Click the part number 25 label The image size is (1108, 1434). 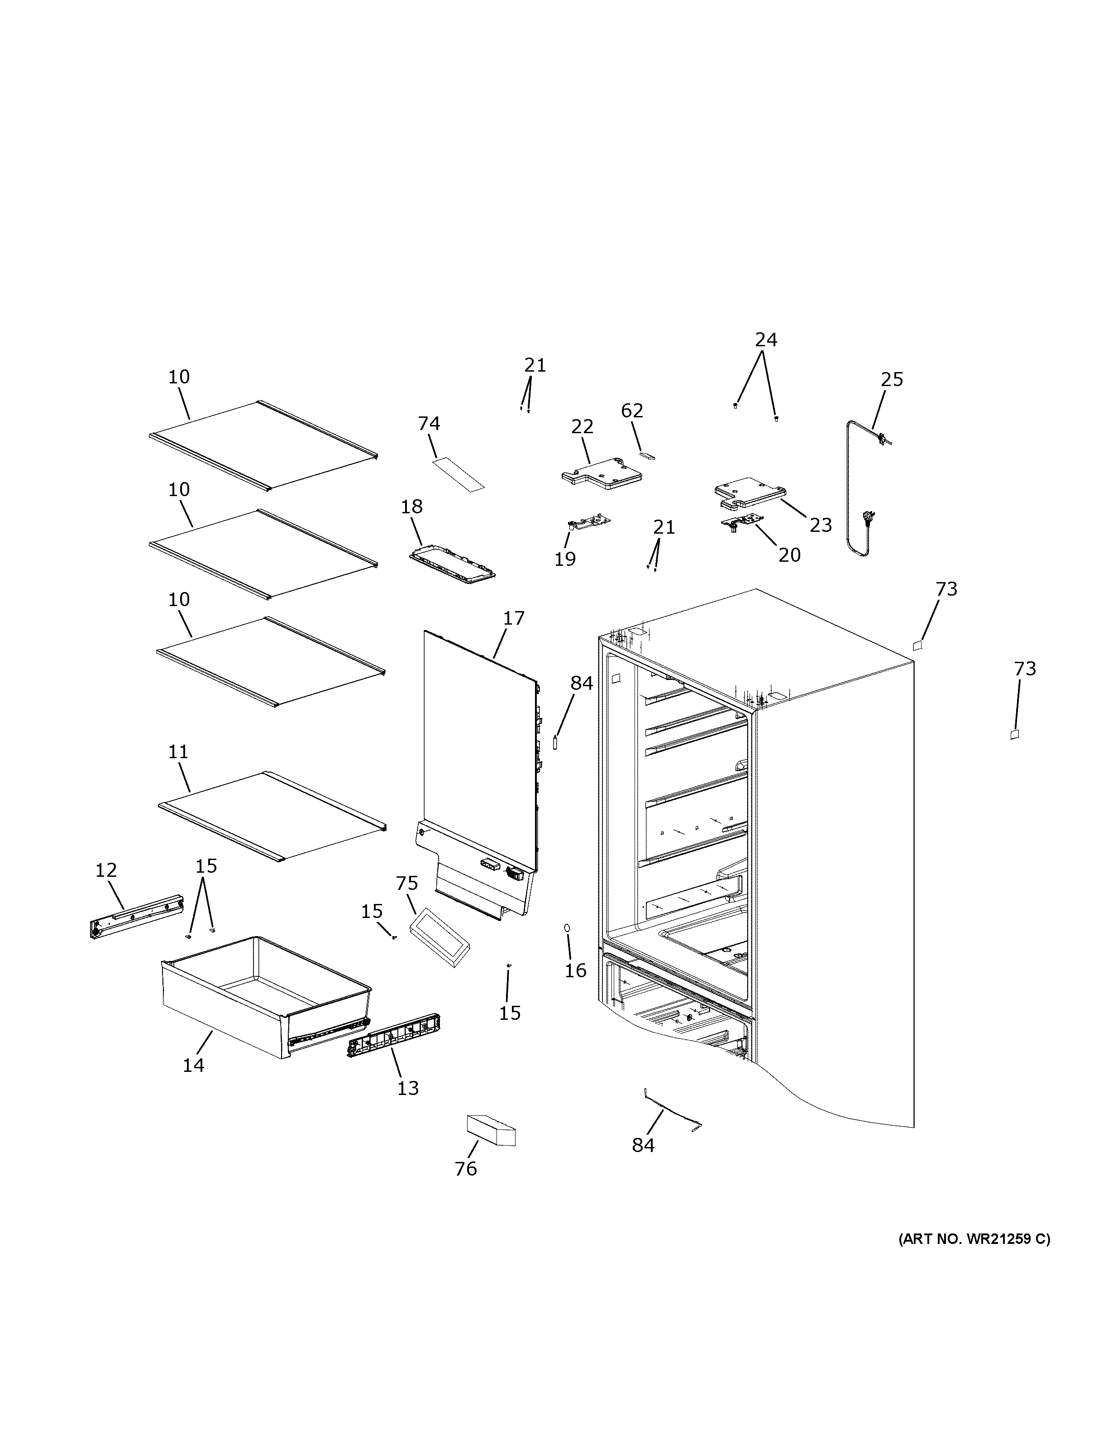891,379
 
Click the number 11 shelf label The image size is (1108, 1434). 178,752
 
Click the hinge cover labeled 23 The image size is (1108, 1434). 748,493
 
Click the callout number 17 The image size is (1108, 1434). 514,618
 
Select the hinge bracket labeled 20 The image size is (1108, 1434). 742,523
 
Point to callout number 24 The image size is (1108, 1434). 765,339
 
